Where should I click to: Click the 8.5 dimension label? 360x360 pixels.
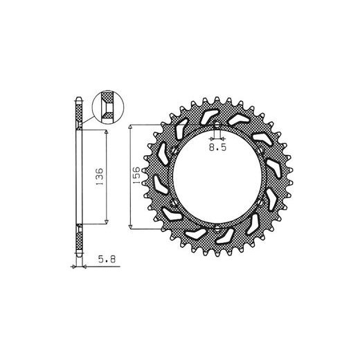(217, 147)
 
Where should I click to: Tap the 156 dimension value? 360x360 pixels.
(136, 175)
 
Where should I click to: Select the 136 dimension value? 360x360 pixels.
(99, 177)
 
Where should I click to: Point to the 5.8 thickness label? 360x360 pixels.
(107, 260)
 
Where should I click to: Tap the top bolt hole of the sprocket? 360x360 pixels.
(217, 125)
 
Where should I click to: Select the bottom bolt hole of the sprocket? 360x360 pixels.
(217, 228)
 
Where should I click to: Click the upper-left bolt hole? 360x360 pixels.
(174, 151)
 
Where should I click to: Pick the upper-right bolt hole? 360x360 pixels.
(260, 151)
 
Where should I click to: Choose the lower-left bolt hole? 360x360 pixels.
(174, 203)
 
